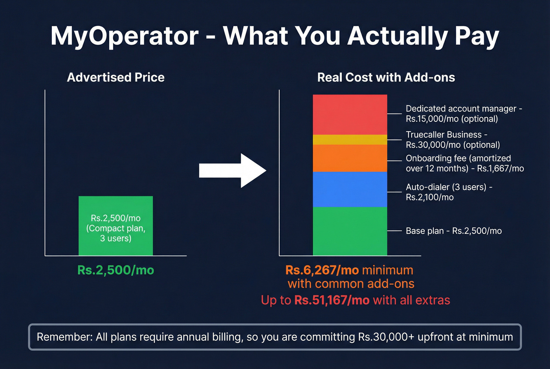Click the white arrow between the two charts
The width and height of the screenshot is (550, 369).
(233, 171)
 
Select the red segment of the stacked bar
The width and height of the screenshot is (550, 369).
(350, 114)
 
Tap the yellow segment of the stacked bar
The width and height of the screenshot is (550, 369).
(350, 140)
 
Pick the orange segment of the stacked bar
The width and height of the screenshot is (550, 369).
(350, 158)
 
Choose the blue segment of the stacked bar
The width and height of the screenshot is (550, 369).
(350, 189)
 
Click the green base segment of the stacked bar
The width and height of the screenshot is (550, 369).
(350, 231)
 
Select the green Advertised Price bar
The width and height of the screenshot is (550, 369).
(115, 226)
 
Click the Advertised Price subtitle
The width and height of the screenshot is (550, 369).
(115, 77)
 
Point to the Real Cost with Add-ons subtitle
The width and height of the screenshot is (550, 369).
(386, 77)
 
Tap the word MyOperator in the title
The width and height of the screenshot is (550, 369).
(125, 36)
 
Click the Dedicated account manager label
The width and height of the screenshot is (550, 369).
(464, 114)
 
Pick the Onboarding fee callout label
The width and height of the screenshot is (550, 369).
(465, 163)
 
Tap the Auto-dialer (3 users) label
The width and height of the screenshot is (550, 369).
(449, 192)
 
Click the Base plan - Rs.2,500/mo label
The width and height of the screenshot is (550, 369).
(453, 231)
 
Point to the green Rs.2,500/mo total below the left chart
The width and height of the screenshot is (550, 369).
(115, 270)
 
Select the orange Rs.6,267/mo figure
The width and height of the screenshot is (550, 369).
(322, 270)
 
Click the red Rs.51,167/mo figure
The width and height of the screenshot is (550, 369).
(332, 300)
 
